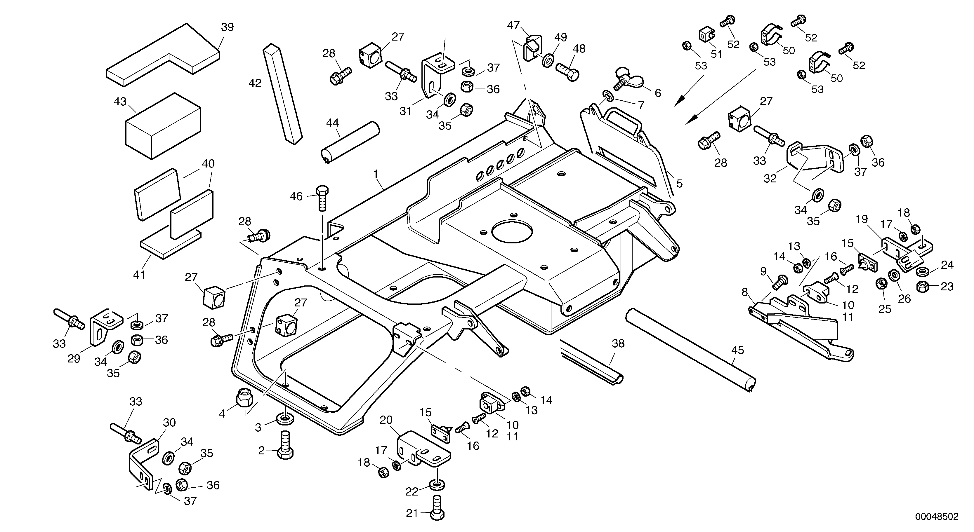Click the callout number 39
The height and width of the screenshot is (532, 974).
(227, 27)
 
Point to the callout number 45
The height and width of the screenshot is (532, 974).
(737, 350)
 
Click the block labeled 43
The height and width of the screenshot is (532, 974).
(163, 127)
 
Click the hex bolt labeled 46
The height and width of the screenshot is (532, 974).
(322, 198)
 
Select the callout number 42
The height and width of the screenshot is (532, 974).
(255, 83)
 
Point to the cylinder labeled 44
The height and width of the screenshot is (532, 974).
(350, 142)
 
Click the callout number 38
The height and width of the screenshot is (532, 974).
(618, 343)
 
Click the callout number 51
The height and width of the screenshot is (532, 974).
(716, 54)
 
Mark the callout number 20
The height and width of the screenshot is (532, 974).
(386, 420)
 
